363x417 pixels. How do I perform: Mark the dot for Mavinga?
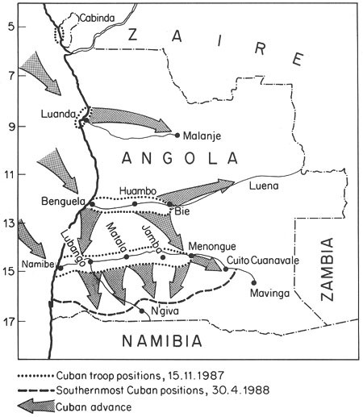click(255, 282)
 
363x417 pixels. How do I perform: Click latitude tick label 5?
click(11, 27)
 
